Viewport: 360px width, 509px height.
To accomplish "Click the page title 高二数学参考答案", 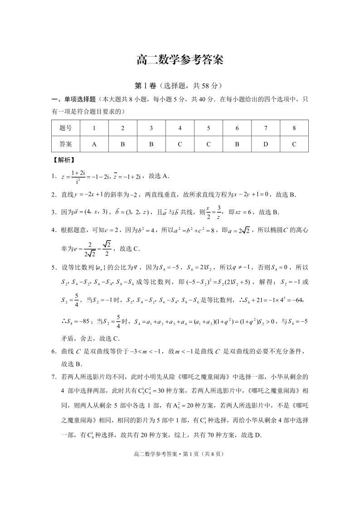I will click(180, 61).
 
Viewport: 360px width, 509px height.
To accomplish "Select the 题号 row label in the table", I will click(66, 128).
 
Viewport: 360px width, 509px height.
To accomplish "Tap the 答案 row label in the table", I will click(66, 144).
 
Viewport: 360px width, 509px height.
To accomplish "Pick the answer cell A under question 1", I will click(94, 144).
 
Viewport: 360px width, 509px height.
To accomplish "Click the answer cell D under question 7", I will click(266, 144).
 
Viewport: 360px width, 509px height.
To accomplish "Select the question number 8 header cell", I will click(294, 128).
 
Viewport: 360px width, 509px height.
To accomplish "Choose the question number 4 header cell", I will click(180, 128).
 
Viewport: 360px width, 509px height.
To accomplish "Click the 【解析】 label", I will click(64, 160).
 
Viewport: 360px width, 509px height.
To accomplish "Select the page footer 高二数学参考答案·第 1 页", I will click(180, 453).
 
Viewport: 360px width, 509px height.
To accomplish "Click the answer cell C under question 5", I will click(209, 144).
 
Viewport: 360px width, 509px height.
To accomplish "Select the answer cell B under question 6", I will click(237, 144).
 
